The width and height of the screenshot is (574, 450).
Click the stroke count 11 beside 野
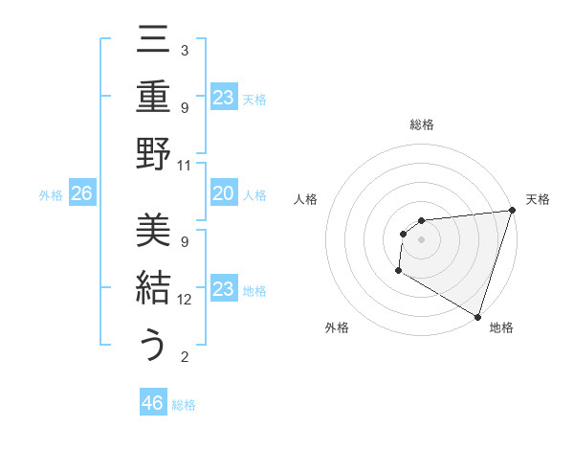click(185, 165)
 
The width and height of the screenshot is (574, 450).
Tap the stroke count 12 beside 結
click(185, 299)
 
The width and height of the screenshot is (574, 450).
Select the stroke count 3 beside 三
click(184, 50)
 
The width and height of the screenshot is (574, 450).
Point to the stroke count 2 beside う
click(184, 357)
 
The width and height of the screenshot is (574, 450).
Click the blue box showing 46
click(153, 403)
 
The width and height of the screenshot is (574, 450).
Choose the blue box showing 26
click(82, 193)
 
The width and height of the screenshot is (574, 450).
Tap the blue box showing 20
click(223, 193)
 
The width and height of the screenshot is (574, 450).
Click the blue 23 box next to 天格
click(223, 97)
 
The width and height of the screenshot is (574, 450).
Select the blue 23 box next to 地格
click(223, 288)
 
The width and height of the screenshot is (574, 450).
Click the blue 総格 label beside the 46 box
click(184, 405)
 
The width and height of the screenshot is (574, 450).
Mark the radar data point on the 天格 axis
click(512, 211)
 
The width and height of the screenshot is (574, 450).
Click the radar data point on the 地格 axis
click(476, 316)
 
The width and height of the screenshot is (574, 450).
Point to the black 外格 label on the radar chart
click(337, 327)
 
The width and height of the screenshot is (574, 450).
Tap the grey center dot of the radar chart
click(421, 239)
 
